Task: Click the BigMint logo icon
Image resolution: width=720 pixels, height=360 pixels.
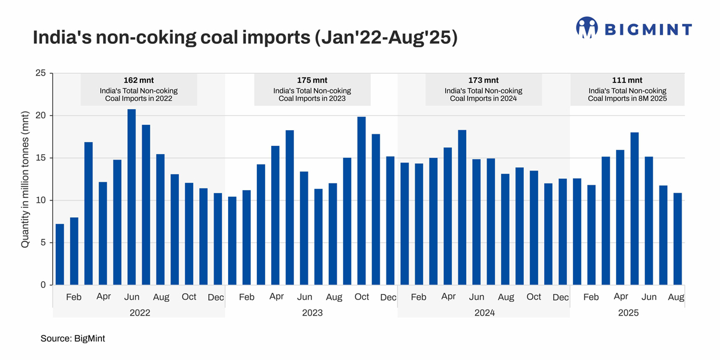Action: tap(587, 28)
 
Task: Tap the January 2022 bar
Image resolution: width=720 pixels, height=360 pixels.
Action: tap(59, 254)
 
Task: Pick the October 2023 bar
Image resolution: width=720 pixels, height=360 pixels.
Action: tap(362, 201)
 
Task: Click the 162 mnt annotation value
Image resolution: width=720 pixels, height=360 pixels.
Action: tap(139, 80)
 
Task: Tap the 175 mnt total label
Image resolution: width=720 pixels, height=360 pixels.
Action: tap(312, 80)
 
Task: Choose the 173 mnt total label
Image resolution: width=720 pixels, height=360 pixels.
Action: tap(484, 80)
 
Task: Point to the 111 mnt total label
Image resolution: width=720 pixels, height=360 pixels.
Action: tap(627, 80)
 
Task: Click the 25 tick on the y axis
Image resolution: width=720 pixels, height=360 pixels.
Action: tap(41, 73)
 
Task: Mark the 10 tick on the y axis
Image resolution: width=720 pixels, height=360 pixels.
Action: tap(41, 200)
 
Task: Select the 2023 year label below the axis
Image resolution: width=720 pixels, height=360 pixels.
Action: tap(312, 313)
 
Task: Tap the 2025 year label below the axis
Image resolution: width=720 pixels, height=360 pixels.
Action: tap(628, 313)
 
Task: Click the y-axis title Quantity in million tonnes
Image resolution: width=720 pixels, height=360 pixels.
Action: tap(25, 179)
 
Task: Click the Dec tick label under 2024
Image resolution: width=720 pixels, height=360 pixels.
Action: tap(560, 297)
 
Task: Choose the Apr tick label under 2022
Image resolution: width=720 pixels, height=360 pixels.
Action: tap(103, 297)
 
